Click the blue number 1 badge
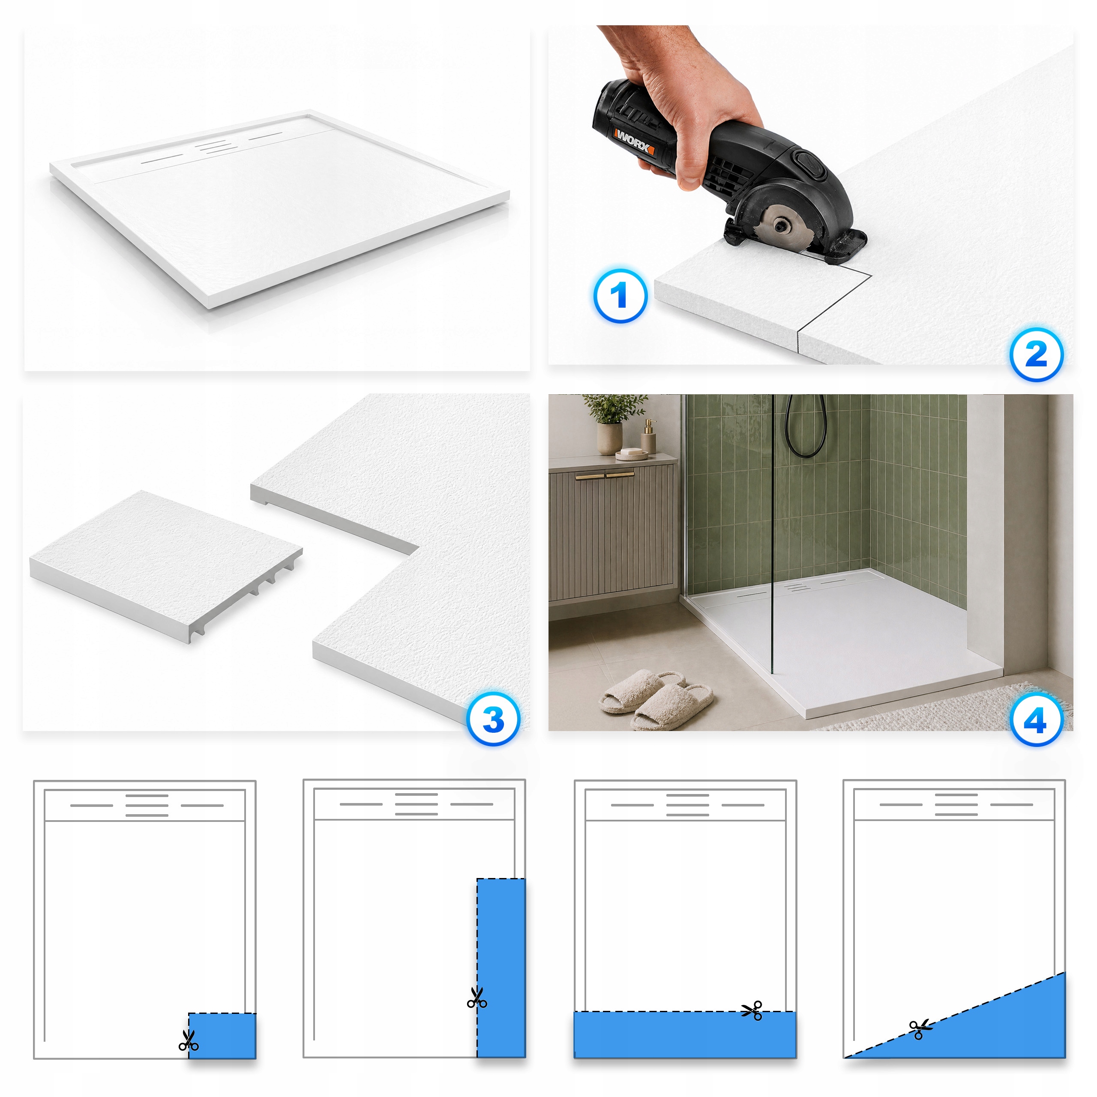point(620,296)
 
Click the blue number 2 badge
point(1036,355)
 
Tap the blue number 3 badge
point(493,719)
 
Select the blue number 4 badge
point(1036,720)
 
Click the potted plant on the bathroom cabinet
point(611,423)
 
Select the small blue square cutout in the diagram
point(222,1036)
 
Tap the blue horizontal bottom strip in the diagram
point(685,1034)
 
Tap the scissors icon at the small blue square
point(189,1040)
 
